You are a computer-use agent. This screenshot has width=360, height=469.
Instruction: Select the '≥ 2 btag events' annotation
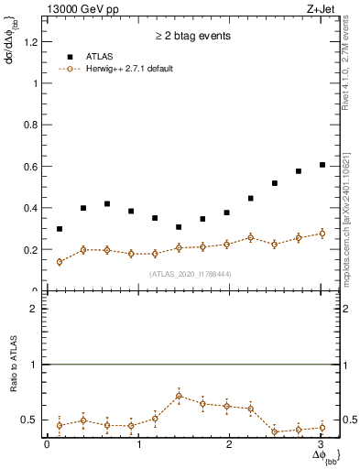(x=193, y=37)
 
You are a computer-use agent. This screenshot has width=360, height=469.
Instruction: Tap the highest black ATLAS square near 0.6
(x=322, y=165)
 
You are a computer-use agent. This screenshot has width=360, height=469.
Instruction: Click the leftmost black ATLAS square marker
(x=60, y=229)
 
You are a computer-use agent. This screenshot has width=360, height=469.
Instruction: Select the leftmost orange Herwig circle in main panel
(x=60, y=262)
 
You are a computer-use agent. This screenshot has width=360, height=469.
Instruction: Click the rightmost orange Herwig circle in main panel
(x=322, y=234)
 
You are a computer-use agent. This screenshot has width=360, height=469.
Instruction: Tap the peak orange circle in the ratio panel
(x=179, y=396)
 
